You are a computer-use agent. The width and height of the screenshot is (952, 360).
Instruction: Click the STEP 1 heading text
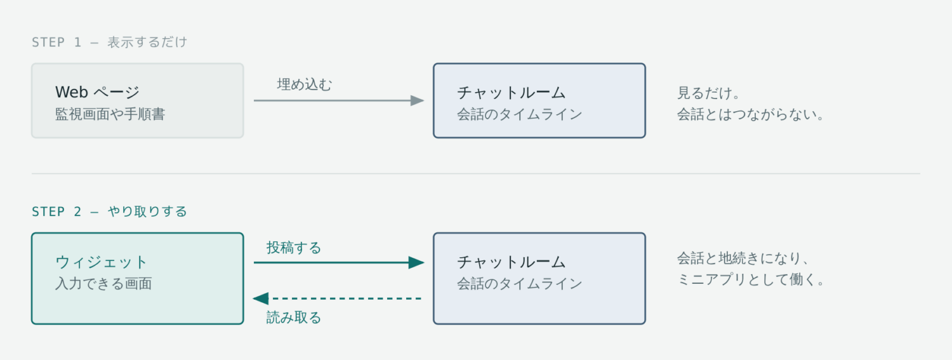(x=109, y=42)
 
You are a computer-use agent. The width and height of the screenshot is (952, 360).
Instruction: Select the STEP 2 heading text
(x=109, y=211)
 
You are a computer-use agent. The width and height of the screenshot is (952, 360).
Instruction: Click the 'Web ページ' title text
(x=97, y=92)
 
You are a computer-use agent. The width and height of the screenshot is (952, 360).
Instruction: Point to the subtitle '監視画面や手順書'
(x=110, y=114)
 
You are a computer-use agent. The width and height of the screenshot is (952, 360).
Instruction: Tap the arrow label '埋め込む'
(x=304, y=84)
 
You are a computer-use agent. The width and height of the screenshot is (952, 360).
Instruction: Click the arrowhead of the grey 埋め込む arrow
(x=417, y=101)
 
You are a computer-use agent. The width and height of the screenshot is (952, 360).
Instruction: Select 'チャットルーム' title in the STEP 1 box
(x=512, y=92)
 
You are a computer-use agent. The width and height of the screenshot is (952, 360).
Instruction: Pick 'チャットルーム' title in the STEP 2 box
(x=512, y=262)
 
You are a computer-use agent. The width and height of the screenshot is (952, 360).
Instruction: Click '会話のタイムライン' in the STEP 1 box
(x=519, y=114)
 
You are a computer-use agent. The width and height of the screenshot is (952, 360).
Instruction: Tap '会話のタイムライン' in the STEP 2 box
(x=519, y=284)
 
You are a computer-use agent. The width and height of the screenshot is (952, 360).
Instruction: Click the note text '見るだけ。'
(x=708, y=93)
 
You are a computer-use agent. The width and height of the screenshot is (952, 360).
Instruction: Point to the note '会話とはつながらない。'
(x=751, y=114)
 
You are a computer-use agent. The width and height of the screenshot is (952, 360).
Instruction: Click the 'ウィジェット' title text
(x=101, y=262)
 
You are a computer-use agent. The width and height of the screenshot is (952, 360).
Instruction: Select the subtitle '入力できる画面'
(x=103, y=284)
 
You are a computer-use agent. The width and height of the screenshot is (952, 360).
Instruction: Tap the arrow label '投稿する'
(x=294, y=248)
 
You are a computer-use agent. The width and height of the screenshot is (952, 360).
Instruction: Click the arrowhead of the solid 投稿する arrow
(x=416, y=263)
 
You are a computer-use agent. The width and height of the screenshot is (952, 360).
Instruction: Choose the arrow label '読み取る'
(x=294, y=317)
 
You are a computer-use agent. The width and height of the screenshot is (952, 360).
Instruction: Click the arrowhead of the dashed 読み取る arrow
(x=260, y=298)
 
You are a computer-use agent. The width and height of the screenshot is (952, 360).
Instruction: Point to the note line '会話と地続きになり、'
(x=743, y=258)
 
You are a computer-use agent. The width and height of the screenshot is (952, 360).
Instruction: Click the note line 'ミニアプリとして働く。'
(x=751, y=279)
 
